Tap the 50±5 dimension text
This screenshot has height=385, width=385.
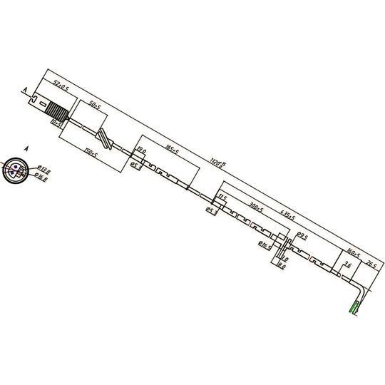pos(95,105)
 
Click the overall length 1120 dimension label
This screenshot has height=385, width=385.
pos(217,165)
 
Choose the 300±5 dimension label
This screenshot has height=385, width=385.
pos(255,209)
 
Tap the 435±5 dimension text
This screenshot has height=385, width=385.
pos(287,214)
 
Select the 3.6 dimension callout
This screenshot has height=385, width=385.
pos(347,265)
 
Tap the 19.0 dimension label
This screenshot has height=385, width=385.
pos(141,151)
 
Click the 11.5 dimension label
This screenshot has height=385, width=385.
pos(222,197)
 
